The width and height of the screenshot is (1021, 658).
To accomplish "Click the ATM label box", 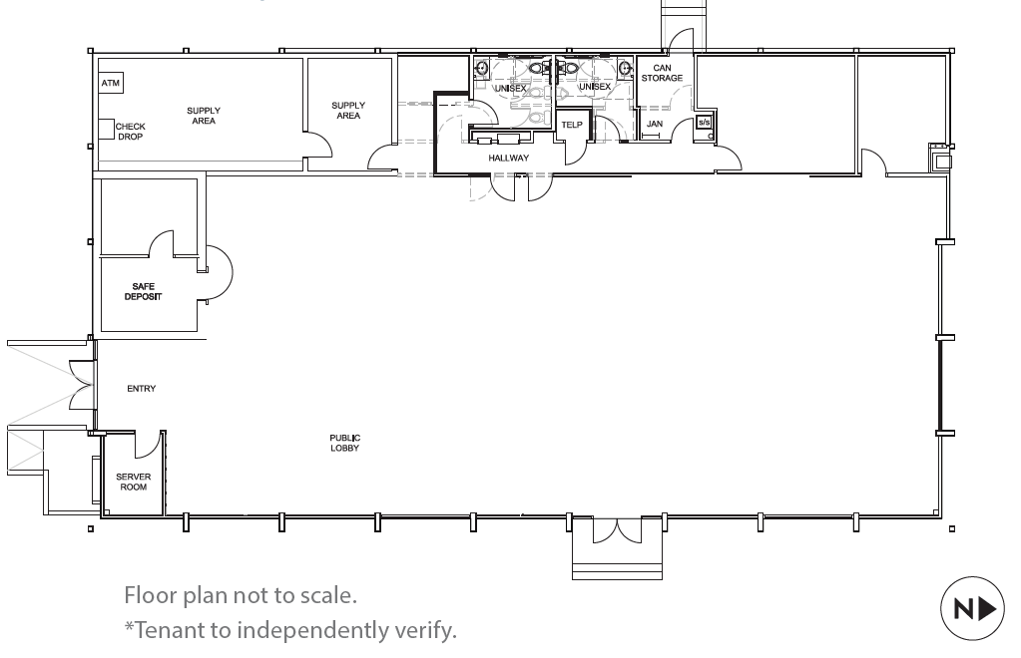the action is pos(111,83).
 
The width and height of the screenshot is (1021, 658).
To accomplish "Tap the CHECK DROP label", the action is pos(130,132).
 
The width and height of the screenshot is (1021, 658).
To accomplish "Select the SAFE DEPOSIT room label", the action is pos(144,291).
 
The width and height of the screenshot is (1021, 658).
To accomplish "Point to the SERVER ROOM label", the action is pos(134,482).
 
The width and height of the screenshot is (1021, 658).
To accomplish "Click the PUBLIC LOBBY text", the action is pos(344,443).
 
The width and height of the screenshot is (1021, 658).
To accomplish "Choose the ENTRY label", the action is pos(142,388).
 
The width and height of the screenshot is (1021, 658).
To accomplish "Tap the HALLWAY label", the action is pos(509,158).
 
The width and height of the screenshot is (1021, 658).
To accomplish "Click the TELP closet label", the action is pos(572,125).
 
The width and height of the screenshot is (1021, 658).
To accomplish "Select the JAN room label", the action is pos(655,124).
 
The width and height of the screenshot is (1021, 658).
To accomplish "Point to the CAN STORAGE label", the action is pos(663,73).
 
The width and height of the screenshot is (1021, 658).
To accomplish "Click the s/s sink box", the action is pos(705,123).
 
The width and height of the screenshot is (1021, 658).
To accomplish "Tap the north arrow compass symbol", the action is pos(973,608).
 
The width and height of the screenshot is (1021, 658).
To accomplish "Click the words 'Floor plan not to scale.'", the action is pos(241,595).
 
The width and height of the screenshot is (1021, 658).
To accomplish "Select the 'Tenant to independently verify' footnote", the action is pos(290,629).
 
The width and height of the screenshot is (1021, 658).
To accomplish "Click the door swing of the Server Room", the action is pos(148,444).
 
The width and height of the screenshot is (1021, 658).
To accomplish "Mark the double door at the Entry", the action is pos(82,385).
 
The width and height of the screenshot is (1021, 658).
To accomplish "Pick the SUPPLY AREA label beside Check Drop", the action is pos(204,116).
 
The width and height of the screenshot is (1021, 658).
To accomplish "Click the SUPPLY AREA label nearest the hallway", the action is pos(348,111).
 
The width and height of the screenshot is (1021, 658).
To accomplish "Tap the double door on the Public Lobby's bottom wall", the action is pos(617,530).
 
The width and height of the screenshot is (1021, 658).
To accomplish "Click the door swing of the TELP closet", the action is pos(576,153).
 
